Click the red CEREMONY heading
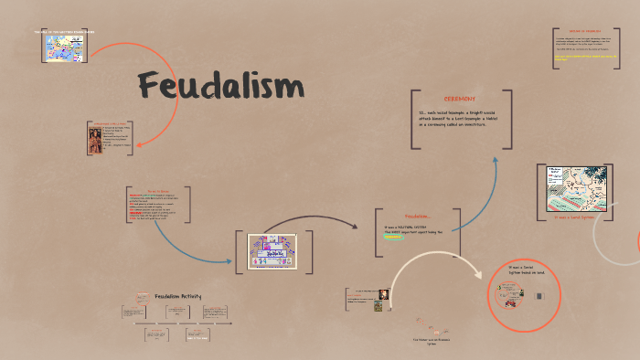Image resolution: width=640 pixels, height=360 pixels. [459, 99]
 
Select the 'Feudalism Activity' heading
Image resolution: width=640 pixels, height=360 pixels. [177, 295]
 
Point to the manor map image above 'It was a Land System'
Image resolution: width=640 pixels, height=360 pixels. [572, 188]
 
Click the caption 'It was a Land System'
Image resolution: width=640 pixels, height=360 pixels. [575, 218]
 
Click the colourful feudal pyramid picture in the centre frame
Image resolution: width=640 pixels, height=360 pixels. [272, 251]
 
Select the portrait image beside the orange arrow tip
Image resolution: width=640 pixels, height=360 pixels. [95, 140]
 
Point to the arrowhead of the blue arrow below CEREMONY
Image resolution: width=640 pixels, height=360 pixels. [496, 134]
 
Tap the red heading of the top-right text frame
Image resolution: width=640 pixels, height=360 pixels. [586, 30]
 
